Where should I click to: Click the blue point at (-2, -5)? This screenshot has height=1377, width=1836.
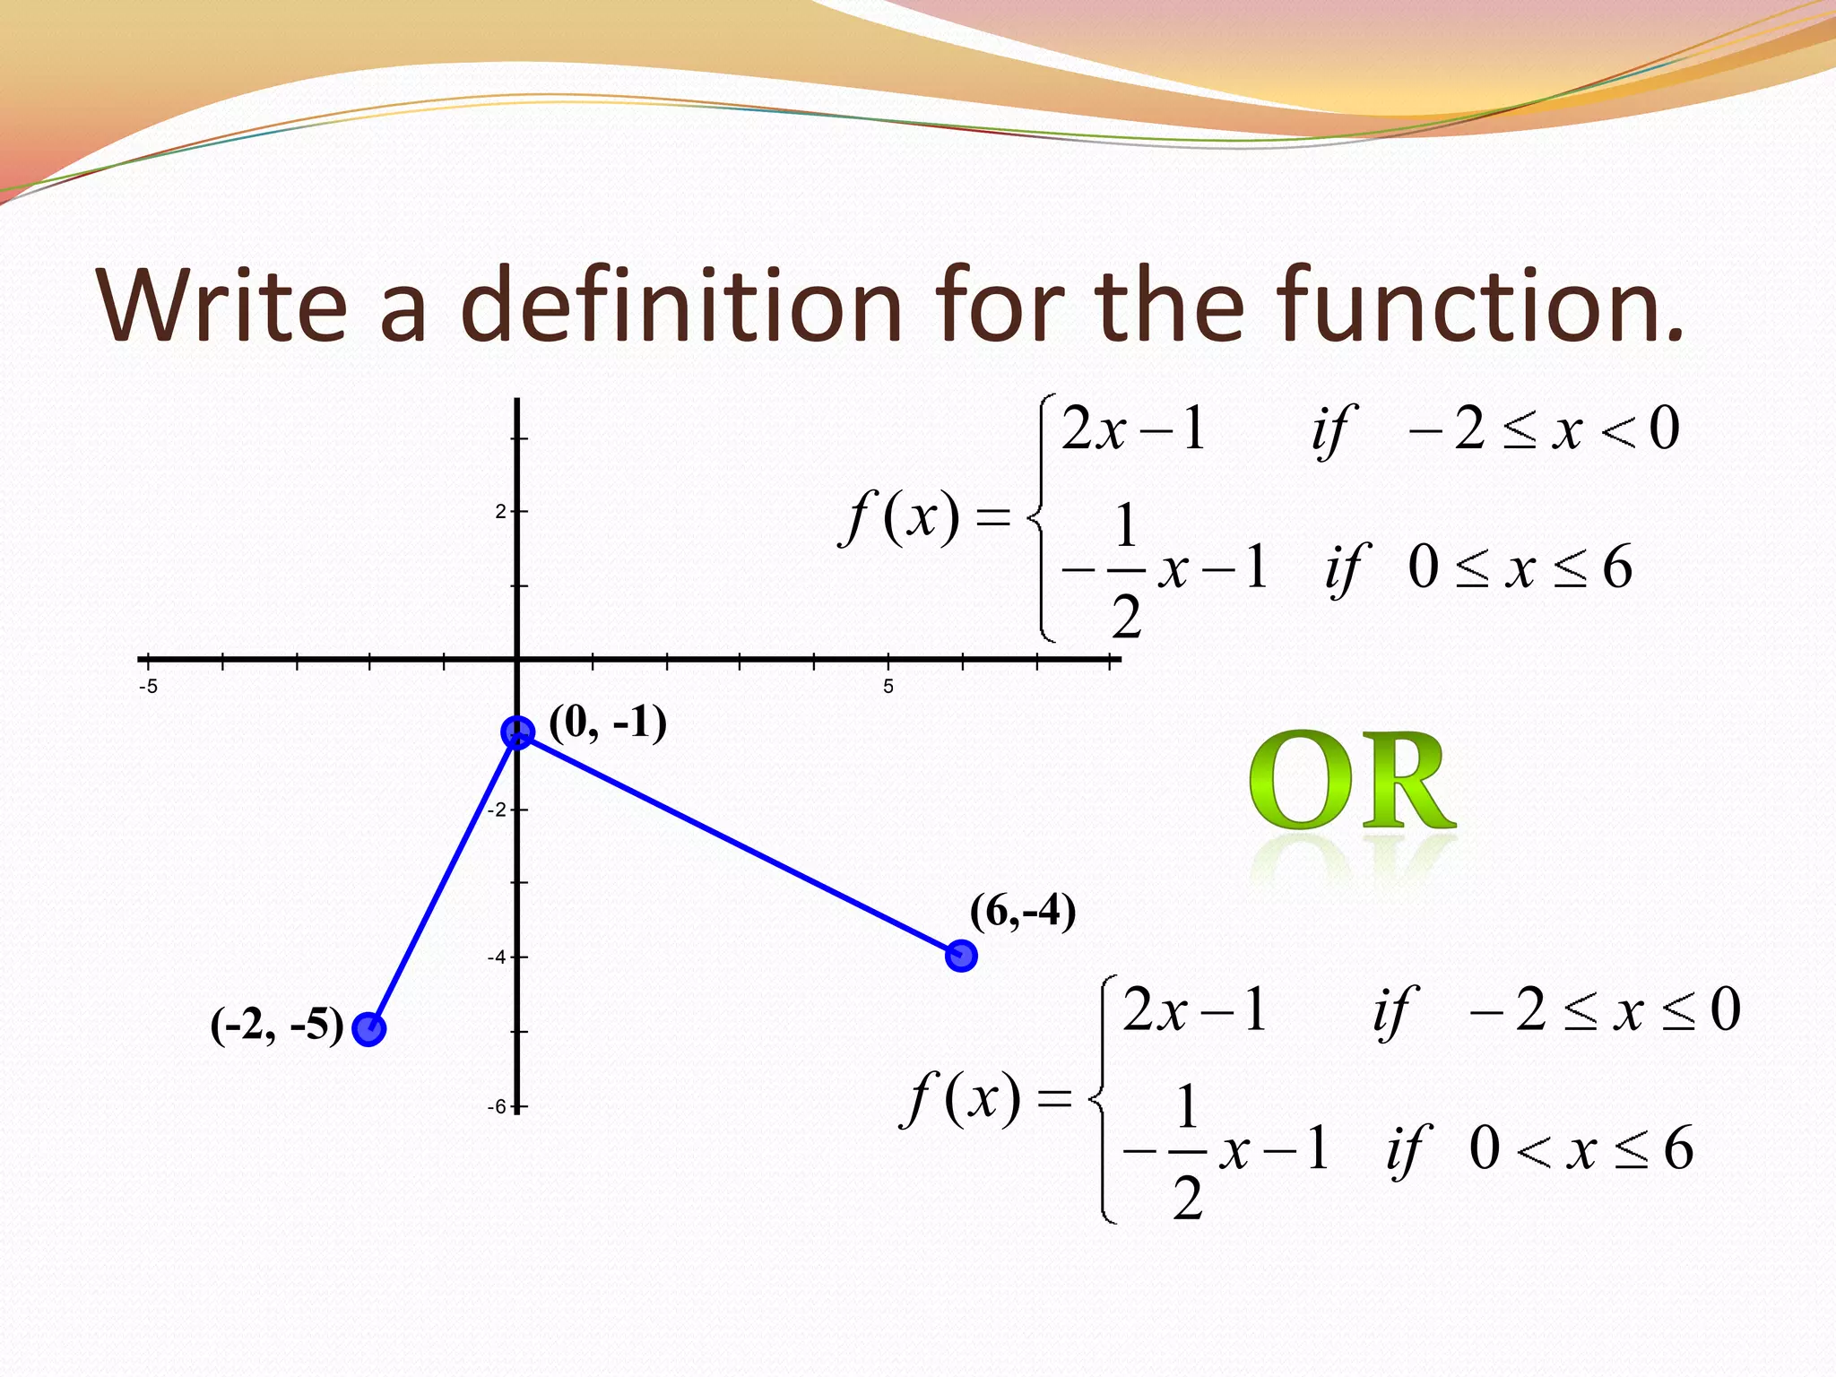(x=368, y=1029)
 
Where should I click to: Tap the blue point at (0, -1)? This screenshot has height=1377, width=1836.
(x=517, y=732)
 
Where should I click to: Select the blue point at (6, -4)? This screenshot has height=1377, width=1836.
(x=961, y=956)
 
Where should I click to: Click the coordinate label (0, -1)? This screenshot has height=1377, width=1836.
(x=608, y=723)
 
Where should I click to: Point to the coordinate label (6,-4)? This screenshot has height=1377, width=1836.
(x=1022, y=912)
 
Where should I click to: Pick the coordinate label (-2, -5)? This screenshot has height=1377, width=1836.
(x=277, y=1026)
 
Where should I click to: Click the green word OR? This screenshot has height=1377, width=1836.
(x=1352, y=783)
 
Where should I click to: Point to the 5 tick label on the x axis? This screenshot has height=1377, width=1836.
(x=888, y=687)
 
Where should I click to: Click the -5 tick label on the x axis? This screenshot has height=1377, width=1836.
(x=149, y=687)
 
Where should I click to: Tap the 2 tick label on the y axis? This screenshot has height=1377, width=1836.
(x=500, y=512)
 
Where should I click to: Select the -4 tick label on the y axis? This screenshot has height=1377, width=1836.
(x=497, y=957)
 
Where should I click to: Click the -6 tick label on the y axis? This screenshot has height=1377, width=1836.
(x=497, y=1107)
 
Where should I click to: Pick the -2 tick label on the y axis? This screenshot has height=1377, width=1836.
(x=497, y=810)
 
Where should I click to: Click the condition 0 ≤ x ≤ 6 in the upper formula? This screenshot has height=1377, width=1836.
(x=1520, y=567)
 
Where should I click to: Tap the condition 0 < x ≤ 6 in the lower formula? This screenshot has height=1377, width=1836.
(x=1581, y=1148)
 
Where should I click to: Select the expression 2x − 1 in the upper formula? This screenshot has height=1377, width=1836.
(x=1133, y=429)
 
